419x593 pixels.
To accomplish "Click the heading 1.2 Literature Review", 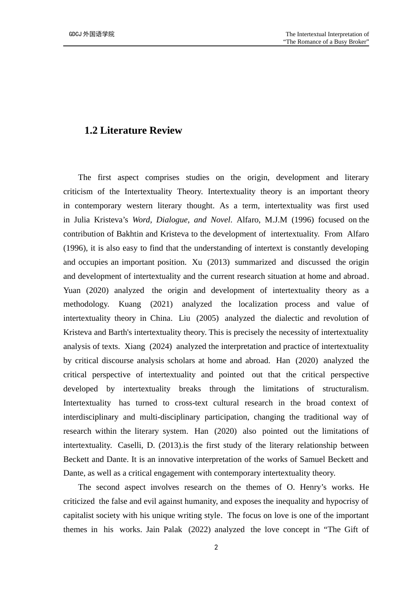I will click(x=133, y=131).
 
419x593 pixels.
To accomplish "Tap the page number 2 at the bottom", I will click(x=216, y=548).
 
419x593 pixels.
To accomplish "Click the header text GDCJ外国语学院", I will click(x=92, y=34).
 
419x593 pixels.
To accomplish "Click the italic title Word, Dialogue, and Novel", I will click(x=181, y=220).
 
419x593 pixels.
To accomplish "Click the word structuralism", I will click(x=345, y=389).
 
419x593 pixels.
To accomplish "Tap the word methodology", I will click(x=86, y=304).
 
